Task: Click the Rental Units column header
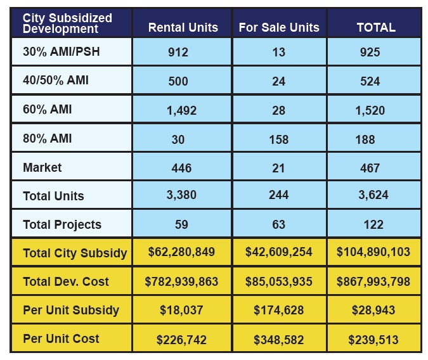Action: click(x=183, y=27)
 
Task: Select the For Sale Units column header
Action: click(x=279, y=27)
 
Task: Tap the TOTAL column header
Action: click(x=375, y=27)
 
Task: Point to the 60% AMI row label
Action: click(x=48, y=109)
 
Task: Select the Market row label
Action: click(x=42, y=167)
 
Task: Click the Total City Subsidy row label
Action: click(x=74, y=253)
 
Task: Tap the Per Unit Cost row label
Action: click(x=61, y=339)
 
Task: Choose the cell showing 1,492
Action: click(x=181, y=110)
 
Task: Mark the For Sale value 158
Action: click(x=278, y=139)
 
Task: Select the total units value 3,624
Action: click(x=373, y=196)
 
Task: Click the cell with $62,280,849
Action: click(x=181, y=252)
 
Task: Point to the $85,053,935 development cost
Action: click(x=279, y=281)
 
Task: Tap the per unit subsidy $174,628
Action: click(x=278, y=311)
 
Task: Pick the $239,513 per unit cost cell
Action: click(x=373, y=340)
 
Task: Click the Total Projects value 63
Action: click(x=278, y=224)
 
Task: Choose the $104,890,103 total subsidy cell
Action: click(x=373, y=252)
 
